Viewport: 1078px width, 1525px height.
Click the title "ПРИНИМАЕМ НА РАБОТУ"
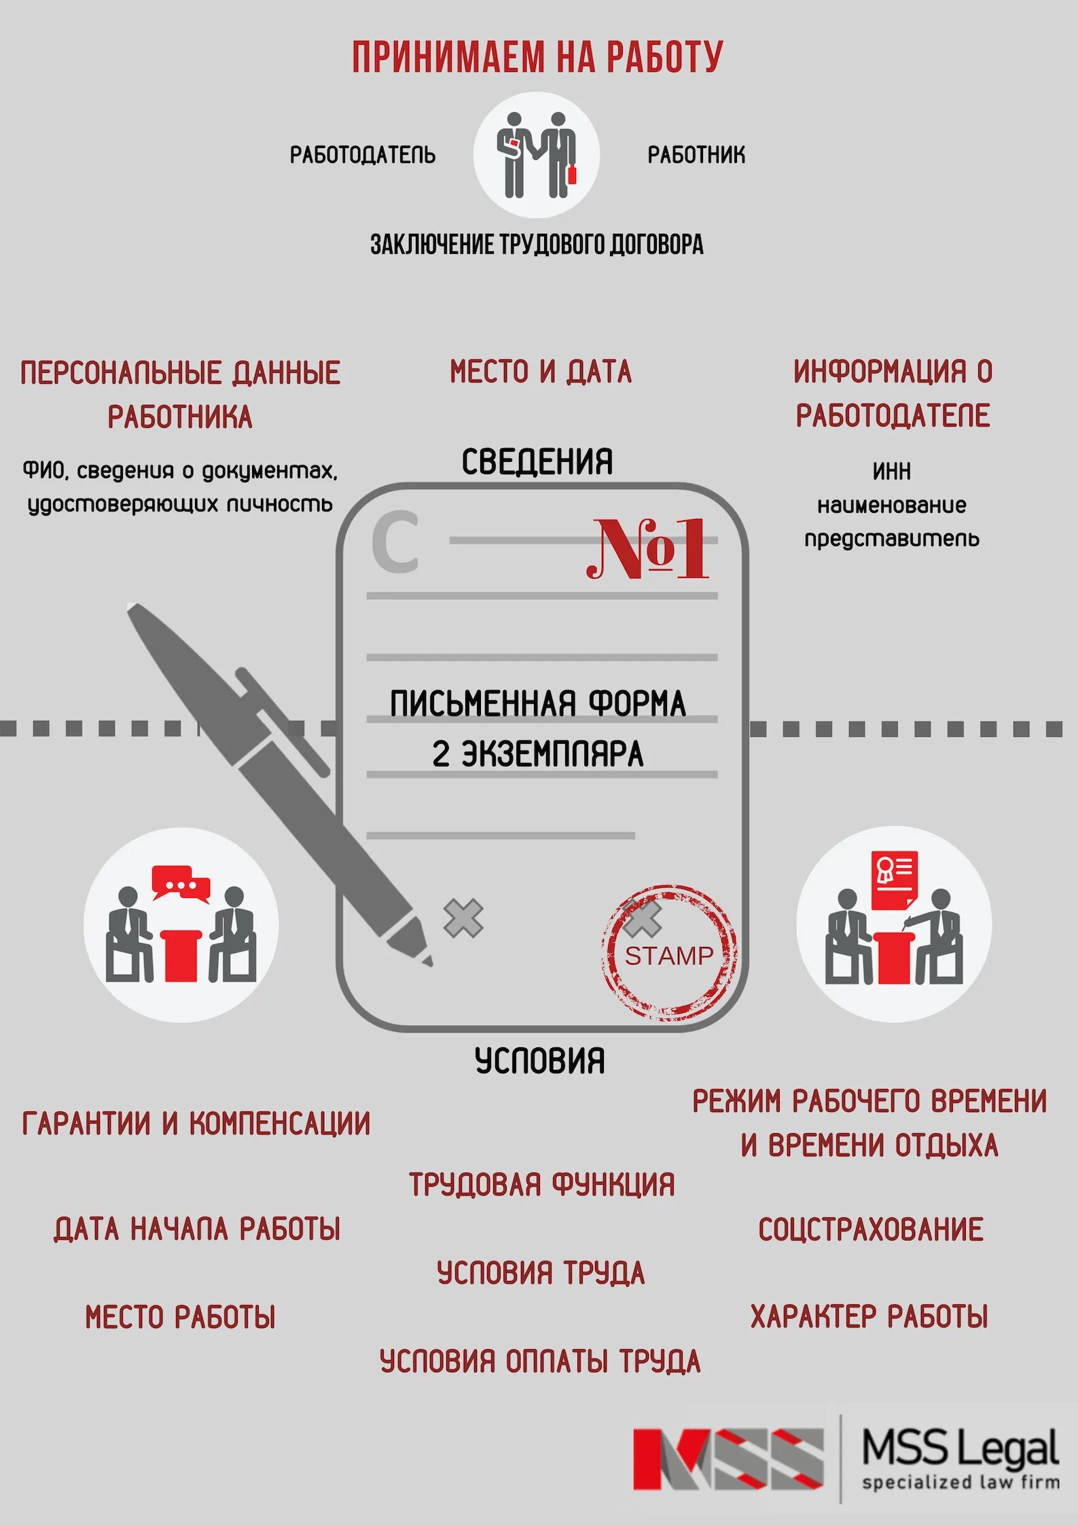tap(537, 57)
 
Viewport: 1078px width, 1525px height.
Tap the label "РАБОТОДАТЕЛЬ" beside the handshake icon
tap(363, 155)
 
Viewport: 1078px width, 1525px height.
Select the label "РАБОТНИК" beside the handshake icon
tap(696, 155)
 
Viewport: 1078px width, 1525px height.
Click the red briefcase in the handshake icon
tap(571, 175)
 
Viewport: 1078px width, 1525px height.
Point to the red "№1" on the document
tap(647, 549)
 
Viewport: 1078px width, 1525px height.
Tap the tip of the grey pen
tap(427, 961)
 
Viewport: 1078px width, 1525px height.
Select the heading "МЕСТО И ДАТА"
tap(541, 372)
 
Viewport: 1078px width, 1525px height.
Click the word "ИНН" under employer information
tap(892, 471)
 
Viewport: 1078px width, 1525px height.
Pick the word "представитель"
tap(892, 539)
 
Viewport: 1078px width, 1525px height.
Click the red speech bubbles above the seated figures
tap(181, 882)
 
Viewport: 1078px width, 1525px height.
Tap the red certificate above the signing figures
tap(894, 880)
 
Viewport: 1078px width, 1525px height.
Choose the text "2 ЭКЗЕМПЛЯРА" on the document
tap(537, 754)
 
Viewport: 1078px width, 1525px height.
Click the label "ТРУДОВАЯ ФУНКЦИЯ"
tap(541, 1185)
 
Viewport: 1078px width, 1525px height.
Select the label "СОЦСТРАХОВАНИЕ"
tap(871, 1230)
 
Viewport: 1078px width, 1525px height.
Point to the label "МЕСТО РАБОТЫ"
tap(181, 1317)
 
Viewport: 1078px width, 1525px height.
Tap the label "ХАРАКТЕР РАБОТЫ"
tap(869, 1316)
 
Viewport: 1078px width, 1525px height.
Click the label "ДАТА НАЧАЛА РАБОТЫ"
tap(197, 1230)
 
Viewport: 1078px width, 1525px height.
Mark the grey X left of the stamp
tap(463, 918)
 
